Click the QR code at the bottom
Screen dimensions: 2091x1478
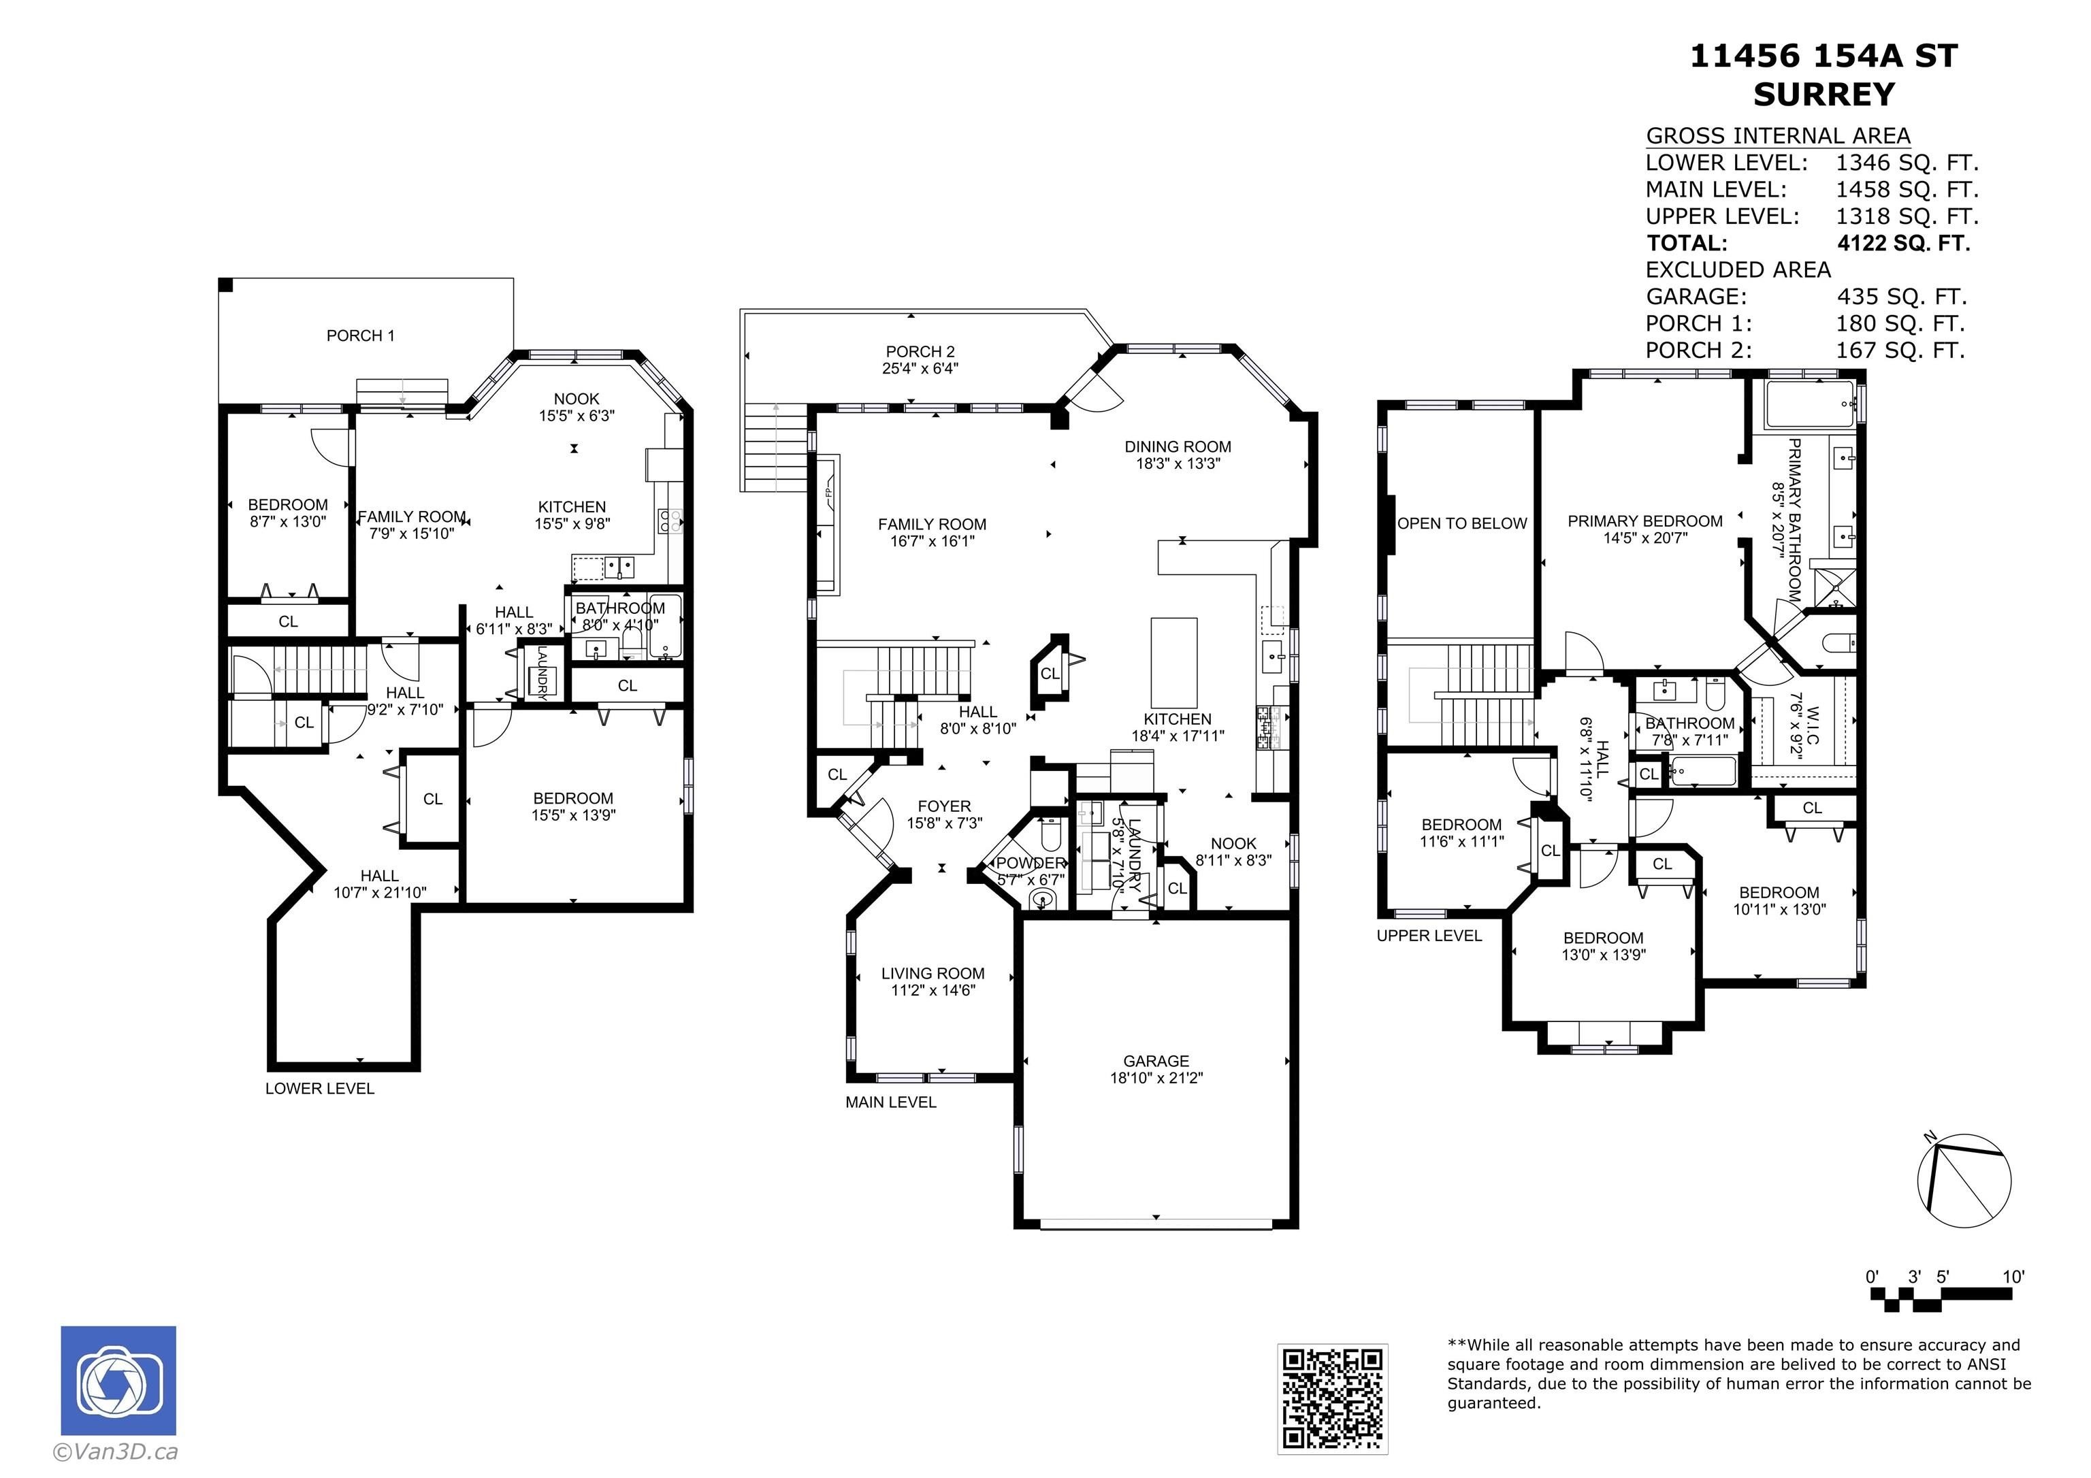tap(1332, 1398)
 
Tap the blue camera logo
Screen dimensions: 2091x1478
tap(118, 1381)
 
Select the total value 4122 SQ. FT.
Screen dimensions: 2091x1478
tap(1903, 243)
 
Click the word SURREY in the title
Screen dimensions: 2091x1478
tap(1823, 95)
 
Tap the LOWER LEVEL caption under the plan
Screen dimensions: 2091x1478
tap(320, 1088)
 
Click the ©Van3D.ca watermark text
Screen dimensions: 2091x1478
tap(116, 1453)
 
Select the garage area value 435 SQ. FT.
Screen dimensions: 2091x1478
tap(1902, 297)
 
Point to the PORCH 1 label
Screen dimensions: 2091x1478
tap(361, 336)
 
